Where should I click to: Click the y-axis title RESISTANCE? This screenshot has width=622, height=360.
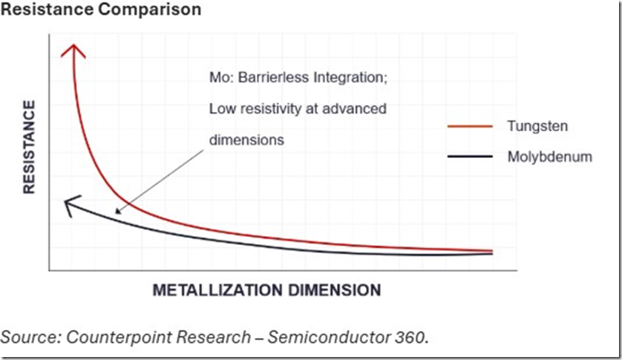29,148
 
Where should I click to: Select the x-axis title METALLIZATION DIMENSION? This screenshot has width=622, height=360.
266,289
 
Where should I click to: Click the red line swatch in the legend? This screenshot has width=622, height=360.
470,127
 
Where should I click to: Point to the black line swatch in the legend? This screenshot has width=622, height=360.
470,157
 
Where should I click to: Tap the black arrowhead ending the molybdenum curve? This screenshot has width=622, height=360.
67,204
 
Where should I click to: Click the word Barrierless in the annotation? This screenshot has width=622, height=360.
266,78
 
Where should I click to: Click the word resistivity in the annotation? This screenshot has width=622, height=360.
266,108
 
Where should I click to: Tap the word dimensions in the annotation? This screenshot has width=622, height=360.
246,139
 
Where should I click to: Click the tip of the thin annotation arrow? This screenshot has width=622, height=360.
116,213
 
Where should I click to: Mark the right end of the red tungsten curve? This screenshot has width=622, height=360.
491,251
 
